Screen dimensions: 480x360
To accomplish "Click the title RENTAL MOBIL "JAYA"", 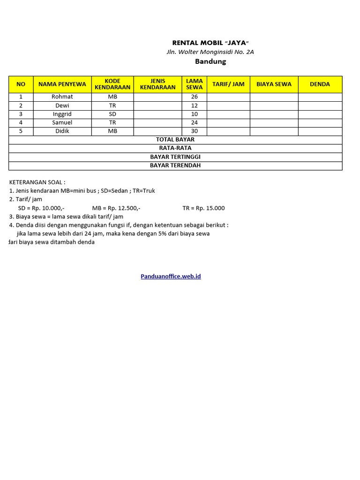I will (210, 43).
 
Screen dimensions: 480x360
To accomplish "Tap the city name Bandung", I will (210, 61).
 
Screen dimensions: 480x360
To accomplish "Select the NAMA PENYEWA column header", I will (62, 84).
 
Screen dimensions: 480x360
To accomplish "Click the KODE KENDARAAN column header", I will (112, 84).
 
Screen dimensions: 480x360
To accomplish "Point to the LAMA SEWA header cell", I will (195, 84).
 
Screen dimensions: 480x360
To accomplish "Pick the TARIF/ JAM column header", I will (228, 84).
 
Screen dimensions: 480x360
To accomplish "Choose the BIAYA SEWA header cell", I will (274, 84).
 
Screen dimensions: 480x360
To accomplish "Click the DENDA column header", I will (320, 84).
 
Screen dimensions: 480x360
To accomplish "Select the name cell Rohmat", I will (62, 97).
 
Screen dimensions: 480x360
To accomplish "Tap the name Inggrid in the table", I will (62, 114).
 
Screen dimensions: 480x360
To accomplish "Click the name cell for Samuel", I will (62, 122).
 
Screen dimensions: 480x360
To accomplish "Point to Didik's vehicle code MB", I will (112, 131).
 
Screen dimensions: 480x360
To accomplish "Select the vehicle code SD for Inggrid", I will (112, 114).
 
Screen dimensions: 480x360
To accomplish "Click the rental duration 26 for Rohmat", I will (195, 97).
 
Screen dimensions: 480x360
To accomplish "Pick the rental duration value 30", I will (195, 131).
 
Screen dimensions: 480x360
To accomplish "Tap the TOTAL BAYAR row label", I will (175, 139).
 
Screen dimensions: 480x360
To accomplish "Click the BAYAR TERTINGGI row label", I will (175, 157).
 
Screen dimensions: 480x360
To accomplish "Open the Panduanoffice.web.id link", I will (171, 277).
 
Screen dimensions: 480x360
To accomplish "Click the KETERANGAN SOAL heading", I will (37, 182).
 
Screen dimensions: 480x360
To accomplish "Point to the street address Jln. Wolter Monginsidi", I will (210, 52).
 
